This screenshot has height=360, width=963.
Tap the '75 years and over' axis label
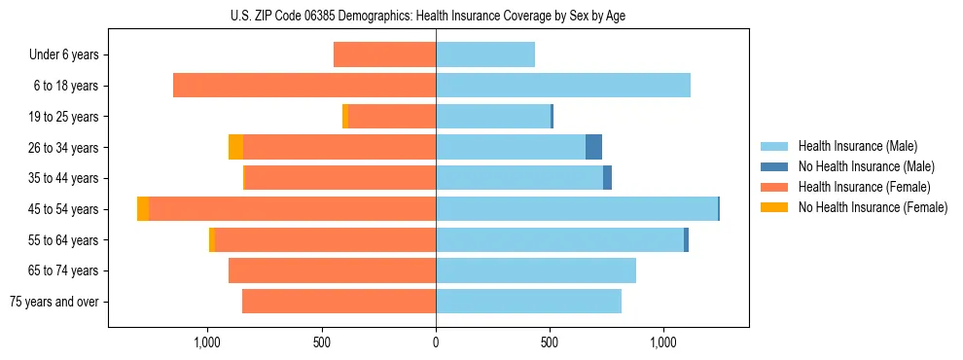pos(54,302)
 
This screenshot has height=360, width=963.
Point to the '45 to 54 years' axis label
pos(64,209)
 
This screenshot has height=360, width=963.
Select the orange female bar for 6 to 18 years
pos(304,86)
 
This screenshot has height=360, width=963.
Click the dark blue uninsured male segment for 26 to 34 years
pos(593,147)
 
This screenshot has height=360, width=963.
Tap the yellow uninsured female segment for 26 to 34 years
pos(235,147)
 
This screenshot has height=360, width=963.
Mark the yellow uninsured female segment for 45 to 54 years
pos(143,209)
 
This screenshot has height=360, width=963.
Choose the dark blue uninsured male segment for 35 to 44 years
pos(607,178)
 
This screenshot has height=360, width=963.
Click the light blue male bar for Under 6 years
pos(485,55)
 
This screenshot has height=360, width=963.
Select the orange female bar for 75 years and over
pos(339,302)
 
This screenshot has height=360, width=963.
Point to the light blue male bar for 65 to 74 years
pos(536,270)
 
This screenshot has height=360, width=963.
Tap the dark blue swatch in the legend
pos(774,166)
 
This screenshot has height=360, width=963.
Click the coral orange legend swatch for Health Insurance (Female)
pos(774,187)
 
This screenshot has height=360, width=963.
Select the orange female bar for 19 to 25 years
pos(392,117)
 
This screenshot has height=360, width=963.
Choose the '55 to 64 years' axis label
pos(64,240)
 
